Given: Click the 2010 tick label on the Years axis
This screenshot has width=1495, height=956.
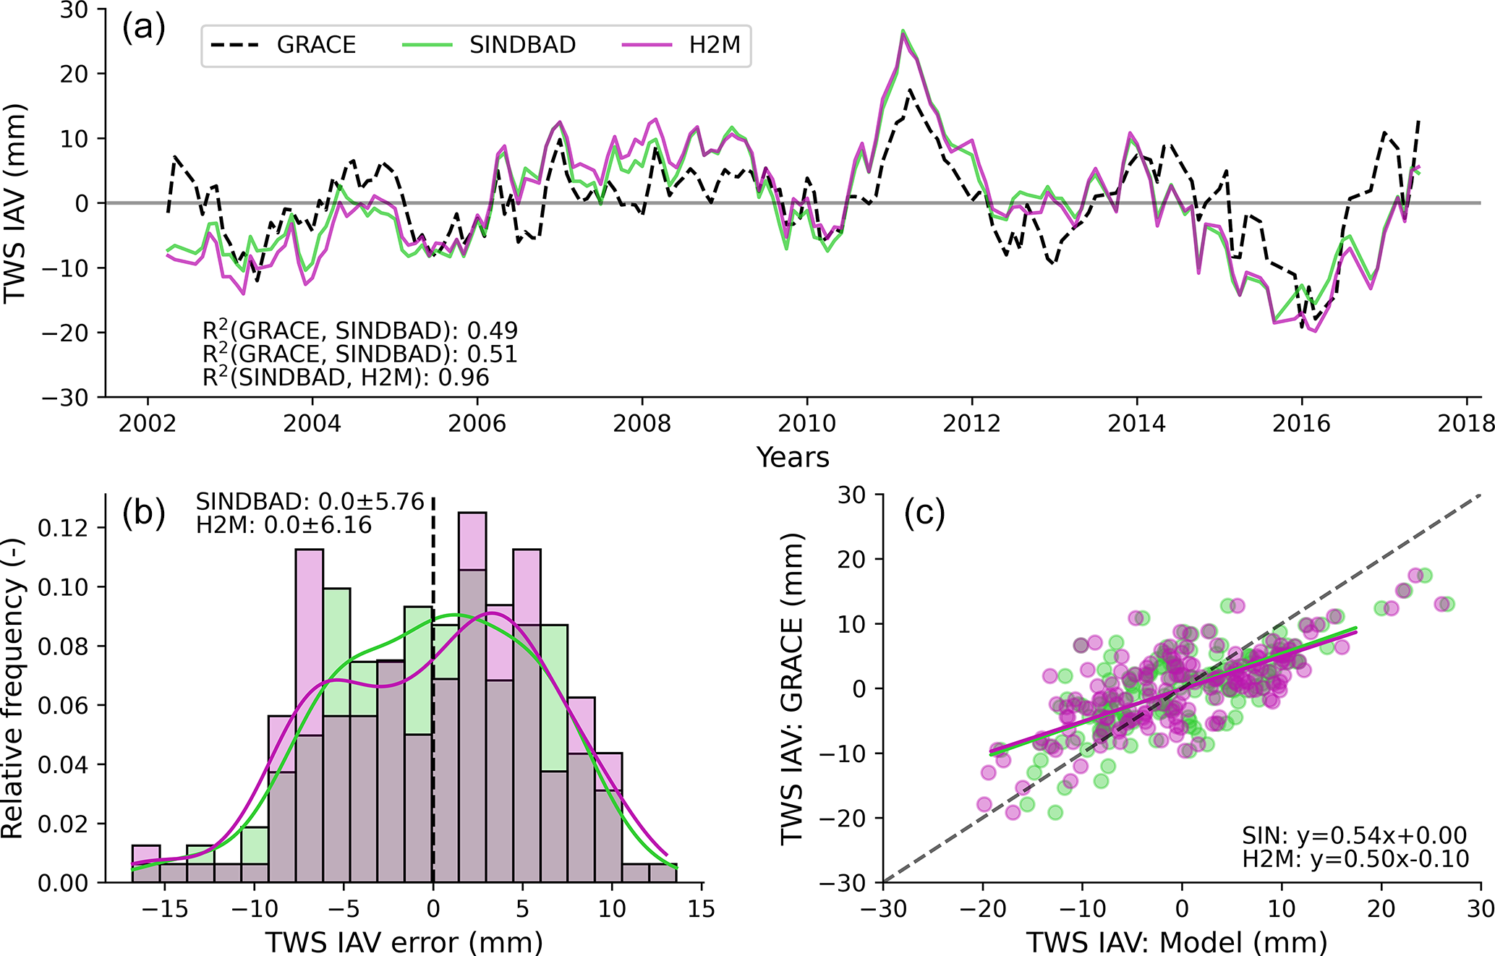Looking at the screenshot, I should click(806, 423).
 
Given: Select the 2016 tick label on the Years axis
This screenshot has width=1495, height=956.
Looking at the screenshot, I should click(1301, 423).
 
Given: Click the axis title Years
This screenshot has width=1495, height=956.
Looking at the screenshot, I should click(793, 457).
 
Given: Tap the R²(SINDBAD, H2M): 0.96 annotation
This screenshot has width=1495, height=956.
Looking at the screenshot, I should click(346, 377).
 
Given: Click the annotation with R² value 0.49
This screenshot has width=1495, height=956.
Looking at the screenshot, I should click(359, 330).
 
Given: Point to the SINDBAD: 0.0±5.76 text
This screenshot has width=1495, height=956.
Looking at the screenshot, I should click(310, 501).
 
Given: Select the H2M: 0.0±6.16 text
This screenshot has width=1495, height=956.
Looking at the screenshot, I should click(284, 525).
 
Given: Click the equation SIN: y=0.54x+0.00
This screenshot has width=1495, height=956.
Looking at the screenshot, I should click(1354, 835).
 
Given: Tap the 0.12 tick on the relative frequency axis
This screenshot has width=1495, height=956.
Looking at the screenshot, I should click(62, 528).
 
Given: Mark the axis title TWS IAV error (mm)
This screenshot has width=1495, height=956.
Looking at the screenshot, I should click(404, 942).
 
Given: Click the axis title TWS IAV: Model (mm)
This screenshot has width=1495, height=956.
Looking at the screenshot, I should click(1177, 942).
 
